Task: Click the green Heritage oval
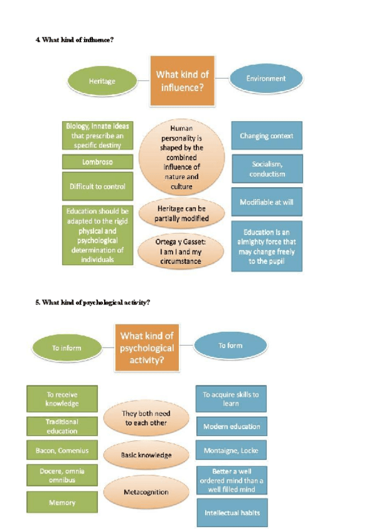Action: (102, 81)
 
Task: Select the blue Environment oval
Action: (266, 79)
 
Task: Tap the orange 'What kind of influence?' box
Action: (182, 80)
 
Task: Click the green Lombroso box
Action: (97, 162)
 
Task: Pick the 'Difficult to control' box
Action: (97, 186)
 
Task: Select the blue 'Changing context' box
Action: (266, 135)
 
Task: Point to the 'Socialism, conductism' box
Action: (267, 169)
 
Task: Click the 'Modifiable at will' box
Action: (266, 202)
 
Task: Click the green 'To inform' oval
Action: (67, 347)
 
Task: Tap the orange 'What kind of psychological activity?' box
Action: (145, 347)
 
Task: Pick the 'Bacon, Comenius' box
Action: (62, 450)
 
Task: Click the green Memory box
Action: (62, 502)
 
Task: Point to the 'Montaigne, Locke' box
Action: (231, 450)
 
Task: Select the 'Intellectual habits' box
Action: (231, 513)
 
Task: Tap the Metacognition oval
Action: (146, 492)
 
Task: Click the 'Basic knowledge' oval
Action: (146, 455)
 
